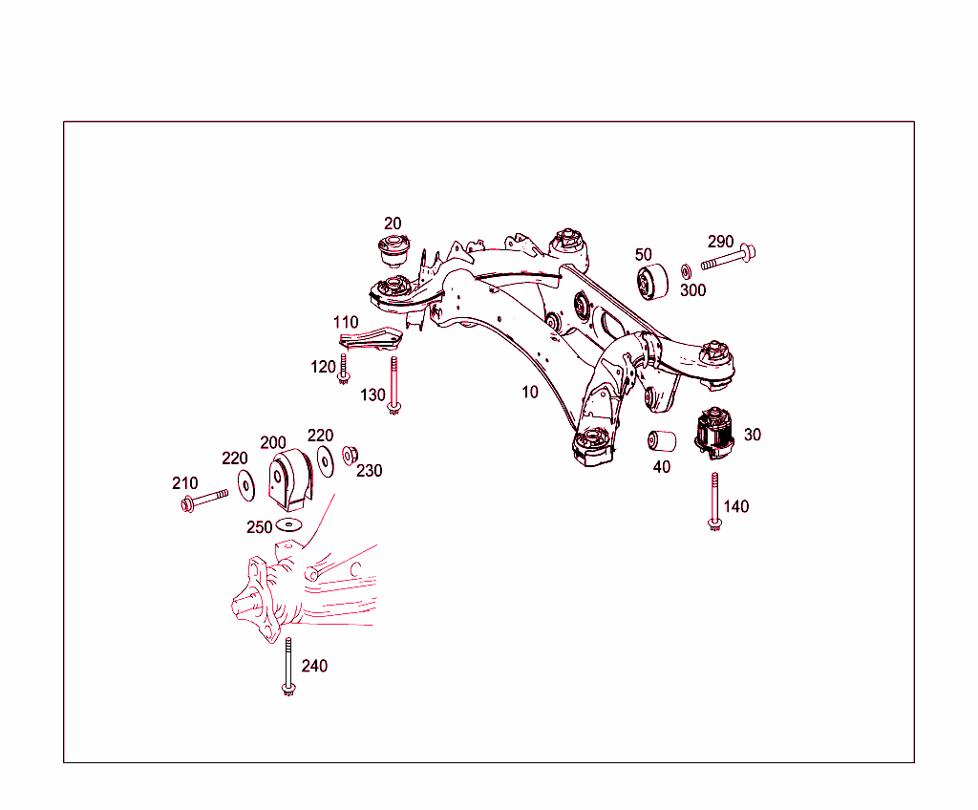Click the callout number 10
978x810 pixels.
tap(529, 392)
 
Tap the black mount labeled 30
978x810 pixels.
tap(714, 435)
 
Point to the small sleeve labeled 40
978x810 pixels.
tap(662, 441)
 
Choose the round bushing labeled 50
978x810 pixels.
tap(653, 283)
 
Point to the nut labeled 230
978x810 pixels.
tap(351, 455)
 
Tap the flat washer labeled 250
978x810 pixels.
tap(288, 525)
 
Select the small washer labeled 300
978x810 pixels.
tap(687, 271)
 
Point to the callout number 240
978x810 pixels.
tap(314, 666)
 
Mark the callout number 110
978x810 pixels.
tap(346, 322)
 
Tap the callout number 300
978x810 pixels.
tap(692, 290)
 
